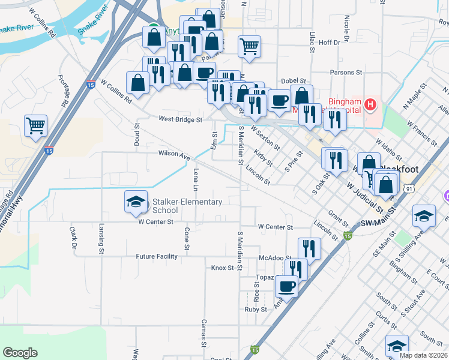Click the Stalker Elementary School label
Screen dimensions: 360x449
(187, 206)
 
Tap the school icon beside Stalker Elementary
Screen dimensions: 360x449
(135, 203)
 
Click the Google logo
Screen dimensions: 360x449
(20, 352)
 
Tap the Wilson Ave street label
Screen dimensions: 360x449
(174, 154)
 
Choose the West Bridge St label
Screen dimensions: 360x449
(180, 119)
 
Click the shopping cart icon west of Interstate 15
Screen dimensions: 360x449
(35, 127)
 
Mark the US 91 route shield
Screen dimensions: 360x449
(408, 188)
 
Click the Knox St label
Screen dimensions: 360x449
(221, 268)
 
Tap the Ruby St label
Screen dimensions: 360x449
(256, 310)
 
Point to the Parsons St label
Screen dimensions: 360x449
(347, 72)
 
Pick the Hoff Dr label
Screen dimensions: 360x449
(330, 43)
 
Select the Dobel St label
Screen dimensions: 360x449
(294, 80)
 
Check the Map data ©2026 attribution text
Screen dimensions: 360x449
(422, 355)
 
